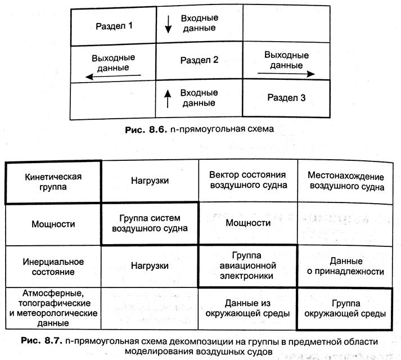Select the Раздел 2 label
click(x=199, y=60)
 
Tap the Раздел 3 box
click(x=287, y=98)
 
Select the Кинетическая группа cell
click(x=54, y=181)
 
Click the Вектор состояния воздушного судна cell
click(x=247, y=180)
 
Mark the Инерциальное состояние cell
click(x=54, y=267)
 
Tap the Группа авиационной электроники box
click(x=248, y=266)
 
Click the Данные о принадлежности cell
click(x=346, y=266)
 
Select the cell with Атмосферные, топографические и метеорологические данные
click(x=54, y=308)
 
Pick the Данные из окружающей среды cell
click(x=248, y=308)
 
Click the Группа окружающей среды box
click(x=346, y=308)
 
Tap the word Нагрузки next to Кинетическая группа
click(x=150, y=181)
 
